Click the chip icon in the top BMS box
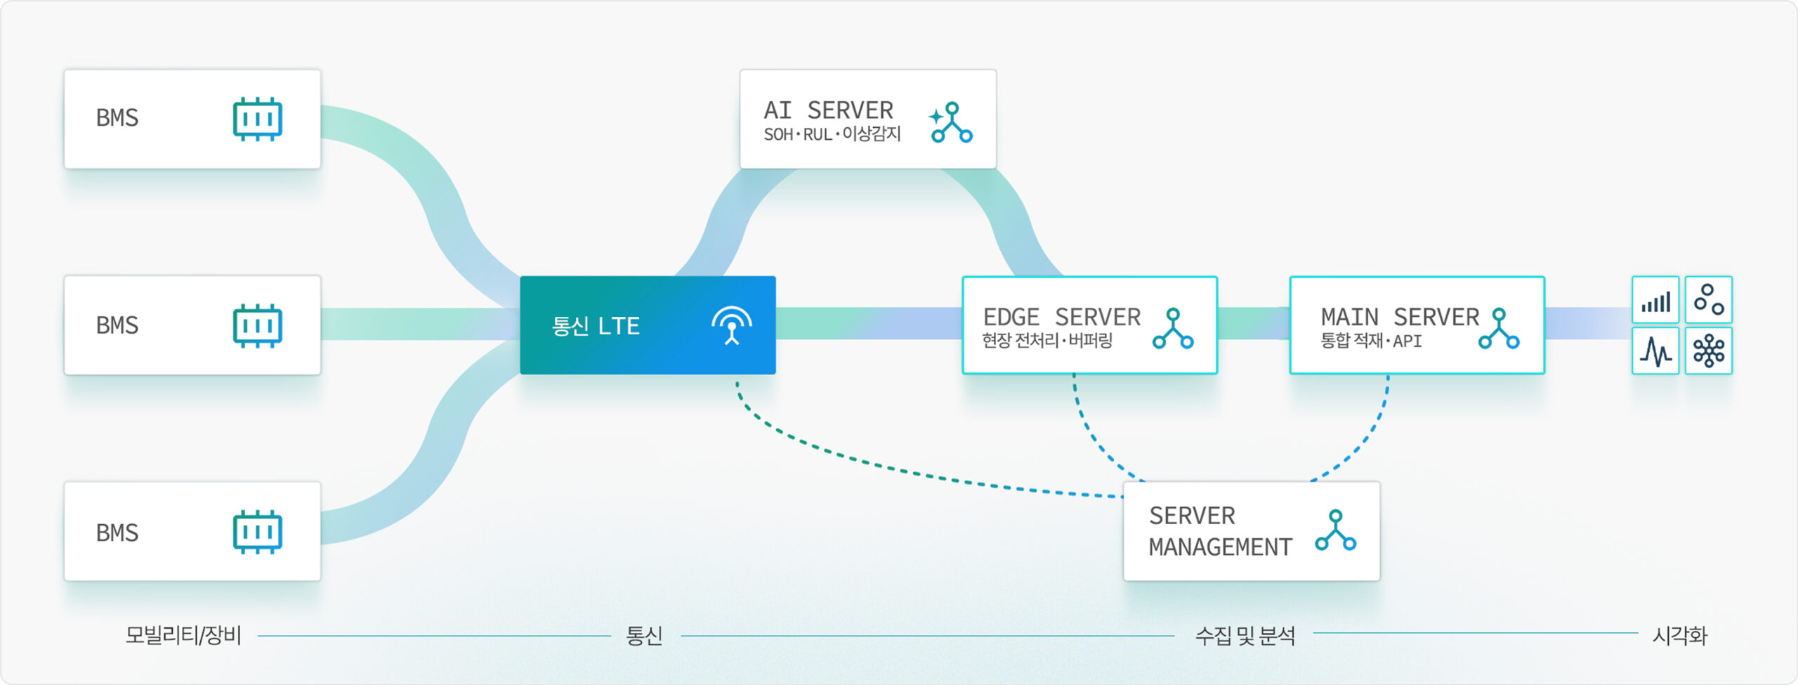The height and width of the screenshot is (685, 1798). tap(257, 119)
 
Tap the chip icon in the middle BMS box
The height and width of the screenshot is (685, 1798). tap(257, 325)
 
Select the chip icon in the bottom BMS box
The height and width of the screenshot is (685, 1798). tap(257, 532)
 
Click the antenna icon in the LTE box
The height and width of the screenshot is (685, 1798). tap(732, 325)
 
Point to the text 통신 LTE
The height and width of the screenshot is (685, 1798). tap(596, 326)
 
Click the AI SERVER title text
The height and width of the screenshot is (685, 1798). tap(829, 110)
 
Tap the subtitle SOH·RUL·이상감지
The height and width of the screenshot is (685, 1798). tap(832, 133)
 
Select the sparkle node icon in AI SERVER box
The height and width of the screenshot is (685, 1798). tap(951, 122)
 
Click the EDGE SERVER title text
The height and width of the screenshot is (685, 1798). tap(1062, 317)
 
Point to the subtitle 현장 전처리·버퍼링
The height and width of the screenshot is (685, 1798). tap(1047, 341)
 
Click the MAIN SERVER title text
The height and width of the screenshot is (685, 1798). tap(1400, 317)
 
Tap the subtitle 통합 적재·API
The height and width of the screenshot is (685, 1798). tap(1371, 341)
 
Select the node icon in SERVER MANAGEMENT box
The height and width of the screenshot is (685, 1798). tap(1336, 530)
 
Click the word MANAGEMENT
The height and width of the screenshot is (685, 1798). tap(1221, 547)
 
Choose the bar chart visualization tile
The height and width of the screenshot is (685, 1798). tap(1655, 300)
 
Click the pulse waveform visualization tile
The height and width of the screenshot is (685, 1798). tap(1655, 351)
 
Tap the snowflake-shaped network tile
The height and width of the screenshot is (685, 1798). tap(1709, 351)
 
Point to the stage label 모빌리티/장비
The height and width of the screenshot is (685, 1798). tap(183, 635)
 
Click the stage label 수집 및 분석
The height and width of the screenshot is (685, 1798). tap(1245, 636)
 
